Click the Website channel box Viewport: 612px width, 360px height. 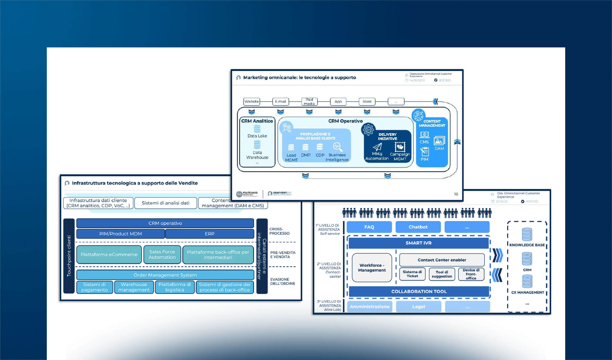click(x=251, y=101)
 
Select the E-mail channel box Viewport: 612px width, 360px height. click(x=280, y=101)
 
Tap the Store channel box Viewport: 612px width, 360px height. click(x=367, y=101)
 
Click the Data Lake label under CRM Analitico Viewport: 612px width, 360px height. click(x=257, y=136)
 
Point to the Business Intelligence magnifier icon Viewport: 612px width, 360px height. click(x=337, y=147)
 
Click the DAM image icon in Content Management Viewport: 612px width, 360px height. click(x=439, y=141)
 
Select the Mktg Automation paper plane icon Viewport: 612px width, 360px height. click(x=377, y=147)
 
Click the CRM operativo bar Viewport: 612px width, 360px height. click(x=165, y=223)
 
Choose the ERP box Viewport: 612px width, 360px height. click(x=209, y=234)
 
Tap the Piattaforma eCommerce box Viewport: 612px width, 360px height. click(x=109, y=254)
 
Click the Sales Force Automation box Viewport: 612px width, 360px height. click(x=162, y=254)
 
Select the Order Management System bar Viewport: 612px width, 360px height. click(x=165, y=275)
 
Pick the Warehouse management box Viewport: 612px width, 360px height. click(x=134, y=287)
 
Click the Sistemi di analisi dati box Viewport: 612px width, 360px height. click(x=166, y=203)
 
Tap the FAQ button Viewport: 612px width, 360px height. click(x=369, y=227)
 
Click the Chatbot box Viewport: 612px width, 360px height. click(x=418, y=227)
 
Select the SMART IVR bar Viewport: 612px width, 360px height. click(x=418, y=243)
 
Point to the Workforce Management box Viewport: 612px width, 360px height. click(x=372, y=268)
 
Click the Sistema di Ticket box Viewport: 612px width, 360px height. click(x=412, y=274)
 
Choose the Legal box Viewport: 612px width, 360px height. click(x=418, y=307)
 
